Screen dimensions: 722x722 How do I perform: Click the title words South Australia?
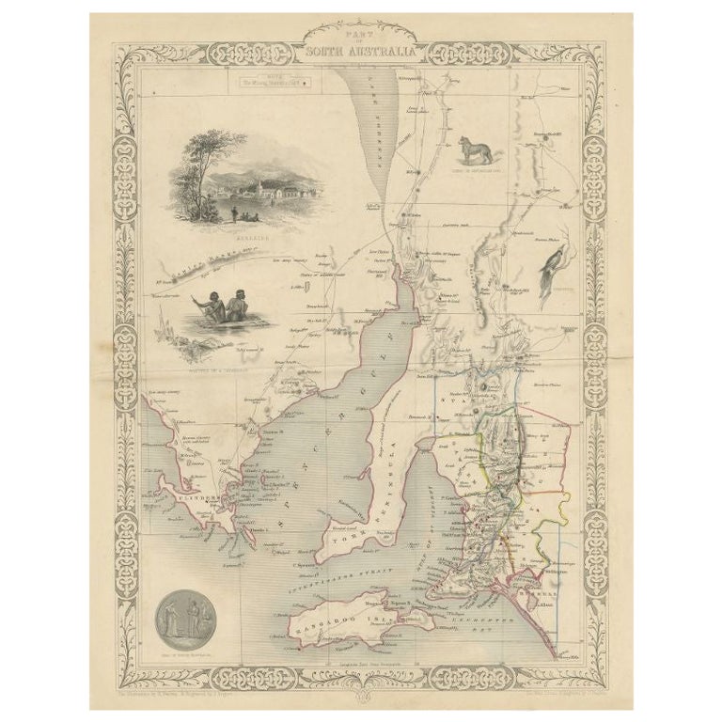pos(361,52)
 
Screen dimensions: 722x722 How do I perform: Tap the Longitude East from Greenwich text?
pos(361,664)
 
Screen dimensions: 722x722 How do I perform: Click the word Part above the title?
pos(361,35)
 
